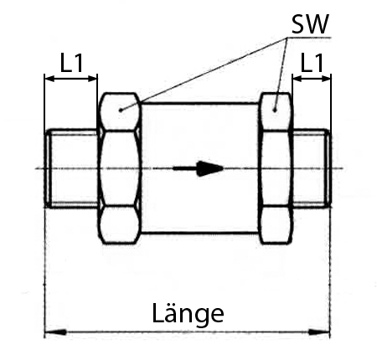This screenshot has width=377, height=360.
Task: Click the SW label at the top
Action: (x=310, y=24)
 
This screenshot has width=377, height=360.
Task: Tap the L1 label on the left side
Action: (x=72, y=63)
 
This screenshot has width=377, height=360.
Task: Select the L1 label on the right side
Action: (x=312, y=63)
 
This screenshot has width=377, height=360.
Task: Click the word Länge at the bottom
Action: (x=188, y=314)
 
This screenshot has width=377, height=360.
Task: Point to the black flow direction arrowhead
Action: (x=210, y=168)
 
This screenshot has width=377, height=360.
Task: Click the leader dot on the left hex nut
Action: (x=121, y=110)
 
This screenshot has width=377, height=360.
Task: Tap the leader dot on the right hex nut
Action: (x=275, y=110)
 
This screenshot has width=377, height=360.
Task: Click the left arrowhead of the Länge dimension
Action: (x=56, y=332)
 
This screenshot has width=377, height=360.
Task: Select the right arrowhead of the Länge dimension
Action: (x=319, y=332)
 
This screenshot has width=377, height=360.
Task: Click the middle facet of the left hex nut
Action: (x=120, y=168)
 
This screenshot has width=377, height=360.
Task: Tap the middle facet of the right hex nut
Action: (x=275, y=168)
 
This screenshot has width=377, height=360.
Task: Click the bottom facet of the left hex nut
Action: (x=120, y=225)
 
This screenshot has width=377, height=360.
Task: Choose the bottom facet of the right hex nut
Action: (x=276, y=225)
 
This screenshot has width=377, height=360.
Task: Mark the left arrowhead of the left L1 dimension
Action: (x=49, y=79)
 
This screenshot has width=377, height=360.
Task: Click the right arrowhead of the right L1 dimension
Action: (x=326, y=79)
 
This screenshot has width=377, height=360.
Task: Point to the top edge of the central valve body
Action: (x=200, y=104)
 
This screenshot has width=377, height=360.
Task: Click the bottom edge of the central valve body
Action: (x=200, y=232)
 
